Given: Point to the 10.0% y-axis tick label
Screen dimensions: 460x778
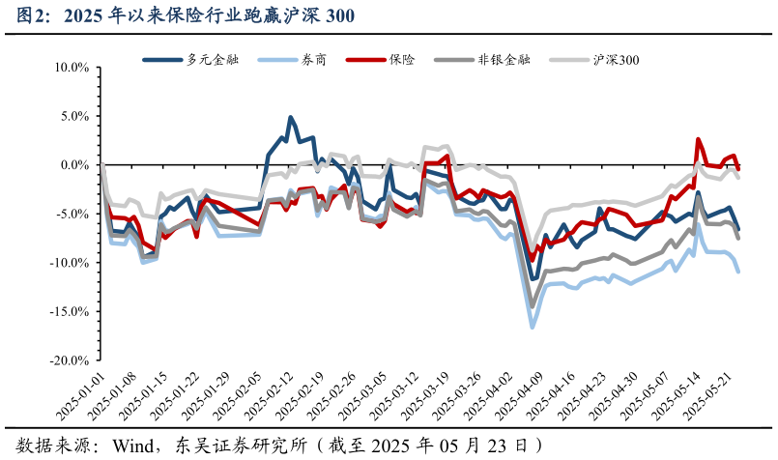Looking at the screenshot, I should point(70,68).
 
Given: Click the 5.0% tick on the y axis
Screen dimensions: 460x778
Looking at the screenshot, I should point(72,116).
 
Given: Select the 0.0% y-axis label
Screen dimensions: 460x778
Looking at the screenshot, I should point(72,165).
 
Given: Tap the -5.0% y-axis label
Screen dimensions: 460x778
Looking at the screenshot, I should point(71,214).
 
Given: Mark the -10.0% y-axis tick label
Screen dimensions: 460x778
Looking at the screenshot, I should point(68,263).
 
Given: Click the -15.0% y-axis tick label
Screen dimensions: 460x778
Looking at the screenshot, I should point(68,311).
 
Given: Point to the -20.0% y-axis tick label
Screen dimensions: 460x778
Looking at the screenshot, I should point(68,359).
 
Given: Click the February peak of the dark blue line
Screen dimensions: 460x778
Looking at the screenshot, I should point(290,118).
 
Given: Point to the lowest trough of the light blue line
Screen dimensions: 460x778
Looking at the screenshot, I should point(532,327).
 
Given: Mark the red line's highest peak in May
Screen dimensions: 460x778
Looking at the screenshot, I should point(698,139).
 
